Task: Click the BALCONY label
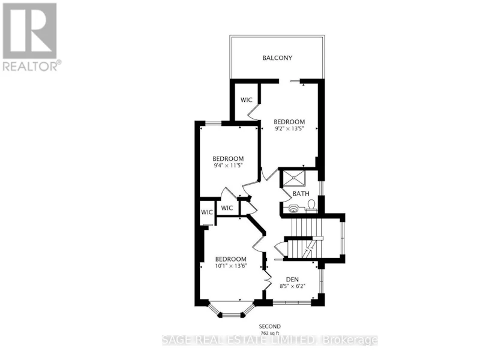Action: (x=277, y=58)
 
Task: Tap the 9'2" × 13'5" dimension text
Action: (x=289, y=128)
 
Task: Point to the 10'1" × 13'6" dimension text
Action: (x=231, y=266)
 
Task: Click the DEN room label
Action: (x=292, y=280)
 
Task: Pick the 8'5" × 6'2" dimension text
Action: (x=292, y=286)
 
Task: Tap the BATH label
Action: (x=301, y=194)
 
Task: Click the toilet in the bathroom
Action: (x=311, y=205)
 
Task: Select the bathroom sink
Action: (x=293, y=208)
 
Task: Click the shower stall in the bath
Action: (x=294, y=178)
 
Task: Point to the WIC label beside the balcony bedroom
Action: (x=247, y=100)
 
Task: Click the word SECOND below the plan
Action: (x=269, y=326)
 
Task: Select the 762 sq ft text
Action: (x=269, y=333)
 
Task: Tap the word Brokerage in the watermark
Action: (x=350, y=340)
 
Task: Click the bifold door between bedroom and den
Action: (x=267, y=279)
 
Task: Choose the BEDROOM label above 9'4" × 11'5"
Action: (x=228, y=158)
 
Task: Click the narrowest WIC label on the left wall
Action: (x=207, y=212)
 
